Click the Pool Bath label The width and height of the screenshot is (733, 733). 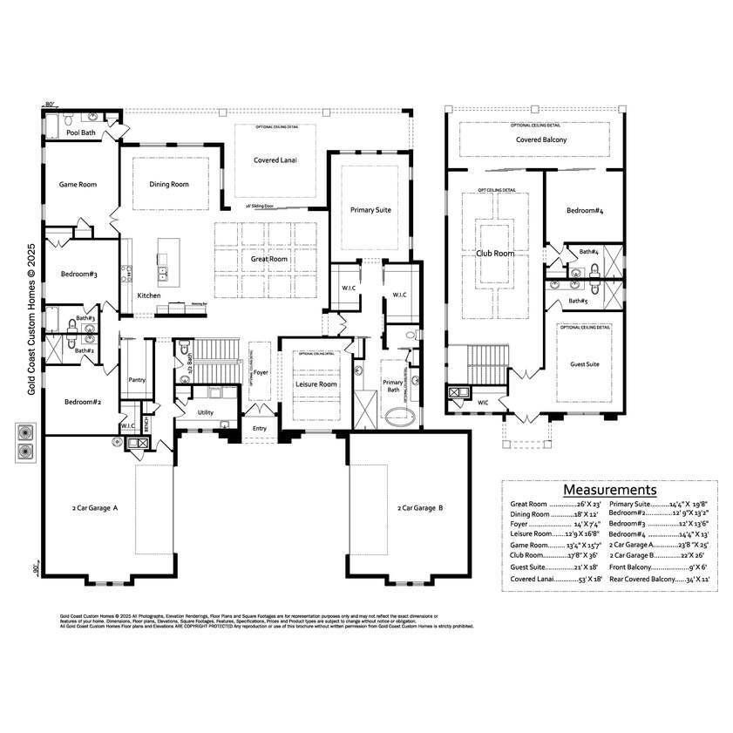(x=82, y=132)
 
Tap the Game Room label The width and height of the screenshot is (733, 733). (x=78, y=184)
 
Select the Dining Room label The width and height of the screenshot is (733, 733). (x=168, y=184)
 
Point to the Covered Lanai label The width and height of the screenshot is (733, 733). (x=275, y=160)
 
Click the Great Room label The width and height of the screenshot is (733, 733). (x=270, y=259)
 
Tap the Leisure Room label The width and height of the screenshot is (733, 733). (x=316, y=384)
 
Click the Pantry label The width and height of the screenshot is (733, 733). (x=136, y=380)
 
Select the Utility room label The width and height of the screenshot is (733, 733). (x=206, y=412)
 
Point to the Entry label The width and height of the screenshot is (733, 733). (x=260, y=428)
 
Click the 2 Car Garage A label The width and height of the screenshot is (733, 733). (x=95, y=507)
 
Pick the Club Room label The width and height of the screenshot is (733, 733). (x=495, y=254)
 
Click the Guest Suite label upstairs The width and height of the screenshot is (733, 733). (x=585, y=364)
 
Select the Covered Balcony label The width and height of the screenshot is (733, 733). (x=540, y=139)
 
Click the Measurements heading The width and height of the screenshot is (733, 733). (x=609, y=490)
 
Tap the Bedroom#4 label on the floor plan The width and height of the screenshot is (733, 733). (x=585, y=211)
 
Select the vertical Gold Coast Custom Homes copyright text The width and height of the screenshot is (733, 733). (x=31, y=319)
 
